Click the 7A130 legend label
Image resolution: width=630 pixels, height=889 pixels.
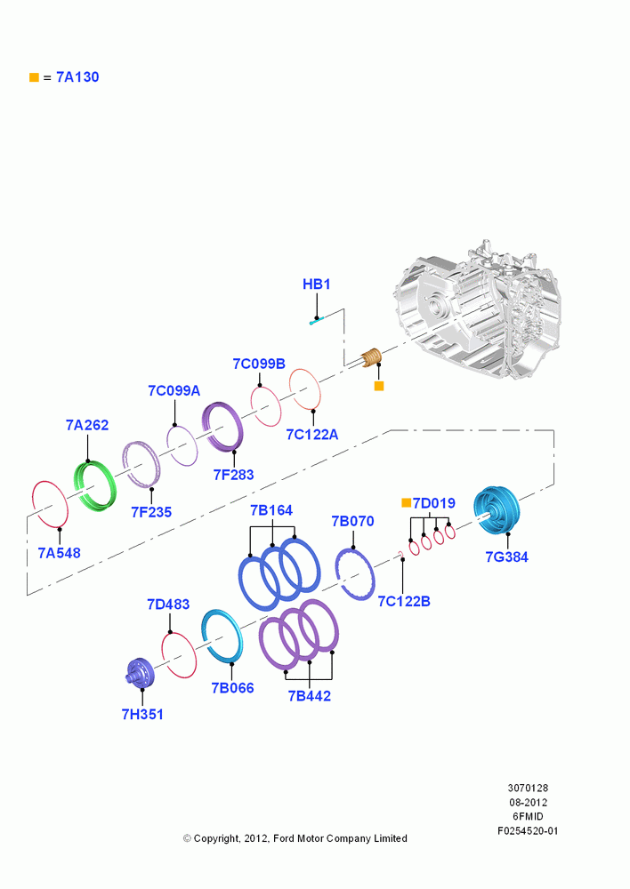[x=77, y=77]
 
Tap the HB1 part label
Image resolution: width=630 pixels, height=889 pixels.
[x=316, y=284]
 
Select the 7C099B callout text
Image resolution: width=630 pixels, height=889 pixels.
[x=259, y=364]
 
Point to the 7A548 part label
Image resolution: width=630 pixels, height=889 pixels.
[x=59, y=553]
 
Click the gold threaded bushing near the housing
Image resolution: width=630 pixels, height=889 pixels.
[x=372, y=357]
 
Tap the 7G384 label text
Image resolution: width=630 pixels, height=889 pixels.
[x=507, y=557]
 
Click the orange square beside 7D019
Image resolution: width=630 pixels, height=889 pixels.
[x=406, y=503]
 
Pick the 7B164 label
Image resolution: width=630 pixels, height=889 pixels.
[x=271, y=510]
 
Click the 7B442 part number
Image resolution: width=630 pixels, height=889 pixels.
[x=310, y=696]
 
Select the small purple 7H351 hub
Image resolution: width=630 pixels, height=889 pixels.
[x=140, y=673]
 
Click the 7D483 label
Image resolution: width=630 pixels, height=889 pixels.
[x=168, y=605]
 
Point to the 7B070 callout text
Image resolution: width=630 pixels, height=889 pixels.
[x=352, y=521]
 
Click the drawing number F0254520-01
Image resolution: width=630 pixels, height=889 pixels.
[x=528, y=830]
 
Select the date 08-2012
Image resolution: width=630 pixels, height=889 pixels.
[x=528, y=802]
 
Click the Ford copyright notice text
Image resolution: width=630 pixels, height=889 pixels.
[x=295, y=838]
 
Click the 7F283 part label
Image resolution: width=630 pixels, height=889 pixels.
[x=233, y=475]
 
